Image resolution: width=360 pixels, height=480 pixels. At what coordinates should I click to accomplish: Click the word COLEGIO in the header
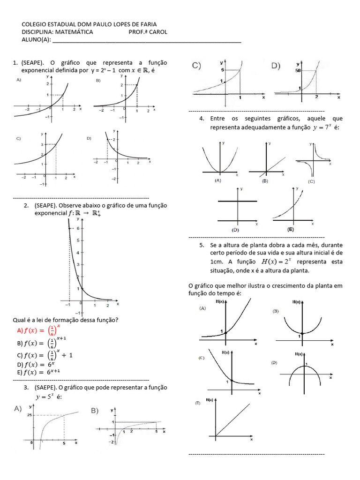pyautogui.click(x=35, y=24)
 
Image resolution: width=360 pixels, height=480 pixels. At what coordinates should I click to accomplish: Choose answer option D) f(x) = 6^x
pyautogui.click(x=36, y=364)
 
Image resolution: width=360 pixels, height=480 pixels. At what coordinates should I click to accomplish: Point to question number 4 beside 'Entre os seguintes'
pyautogui.click(x=202, y=118)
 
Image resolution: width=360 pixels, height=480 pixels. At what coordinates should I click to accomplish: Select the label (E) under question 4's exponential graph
pyautogui.click(x=291, y=230)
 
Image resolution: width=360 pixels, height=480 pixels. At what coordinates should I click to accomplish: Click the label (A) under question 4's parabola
pyautogui.click(x=218, y=180)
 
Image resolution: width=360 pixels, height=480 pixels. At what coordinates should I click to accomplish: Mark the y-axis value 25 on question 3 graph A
pyautogui.click(x=29, y=415)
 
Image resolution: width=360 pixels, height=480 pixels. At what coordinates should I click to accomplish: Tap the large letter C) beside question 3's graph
pyautogui.click(x=196, y=66)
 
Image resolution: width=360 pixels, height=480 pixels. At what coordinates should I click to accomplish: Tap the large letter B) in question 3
pyautogui.click(x=94, y=411)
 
